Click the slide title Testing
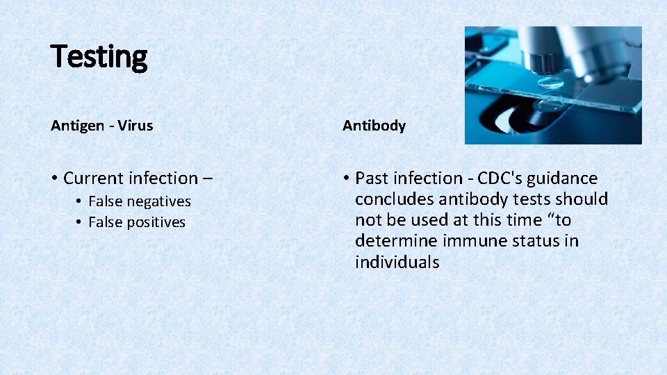pyautogui.click(x=99, y=57)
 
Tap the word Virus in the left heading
pyautogui.click(x=136, y=126)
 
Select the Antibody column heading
pyautogui.click(x=374, y=126)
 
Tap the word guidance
pyautogui.click(x=562, y=178)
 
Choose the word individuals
pyautogui.click(x=397, y=262)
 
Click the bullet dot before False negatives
pyautogui.click(x=80, y=201)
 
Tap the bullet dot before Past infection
pyautogui.click(x=346, y=178)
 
